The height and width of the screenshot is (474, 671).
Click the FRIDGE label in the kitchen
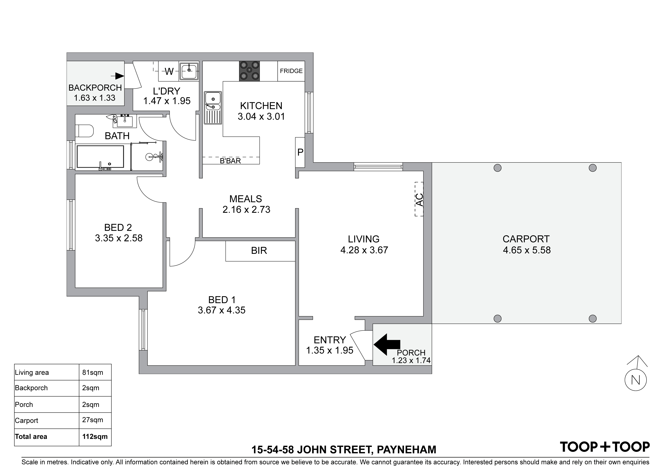[291, 71]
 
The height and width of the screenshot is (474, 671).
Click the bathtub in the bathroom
[100, 157]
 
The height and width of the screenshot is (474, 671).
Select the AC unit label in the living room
[419, 200]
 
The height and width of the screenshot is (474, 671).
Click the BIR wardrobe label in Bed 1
[259, 251]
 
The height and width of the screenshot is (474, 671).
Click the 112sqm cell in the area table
[95, 437]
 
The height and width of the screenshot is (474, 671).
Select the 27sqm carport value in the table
[93, 420]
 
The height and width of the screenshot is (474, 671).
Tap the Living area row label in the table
[32, 373]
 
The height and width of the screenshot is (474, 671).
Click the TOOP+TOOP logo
[605, 447]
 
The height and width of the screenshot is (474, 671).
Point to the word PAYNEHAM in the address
[406, 450]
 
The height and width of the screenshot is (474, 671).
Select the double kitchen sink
[213, 107]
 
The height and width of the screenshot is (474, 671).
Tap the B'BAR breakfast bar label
[230, 161]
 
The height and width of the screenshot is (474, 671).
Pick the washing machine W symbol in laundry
[169, 71]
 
